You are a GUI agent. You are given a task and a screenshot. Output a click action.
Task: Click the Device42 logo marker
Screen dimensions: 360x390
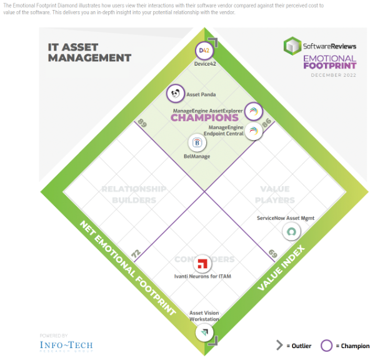tap(202, 51)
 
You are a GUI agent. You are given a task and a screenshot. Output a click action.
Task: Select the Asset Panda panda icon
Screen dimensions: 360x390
tap(176, 94)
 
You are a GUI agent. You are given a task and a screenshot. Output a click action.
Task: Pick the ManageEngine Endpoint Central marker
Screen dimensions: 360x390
tap(253, 131)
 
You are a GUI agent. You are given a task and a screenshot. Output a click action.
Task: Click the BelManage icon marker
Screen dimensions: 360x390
tap(197, 143)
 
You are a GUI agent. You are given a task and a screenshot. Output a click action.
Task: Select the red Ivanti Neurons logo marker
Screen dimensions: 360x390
tap(202, 263)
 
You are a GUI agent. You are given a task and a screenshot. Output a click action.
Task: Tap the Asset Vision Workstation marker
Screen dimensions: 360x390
tap(204, 332)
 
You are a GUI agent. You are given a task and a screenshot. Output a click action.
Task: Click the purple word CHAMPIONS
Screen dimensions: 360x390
tap(204, 117)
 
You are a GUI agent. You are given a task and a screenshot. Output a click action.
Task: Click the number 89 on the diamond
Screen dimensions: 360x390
tap(142, 124)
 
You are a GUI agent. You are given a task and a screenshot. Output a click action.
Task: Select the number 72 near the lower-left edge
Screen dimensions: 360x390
tap(136, 254)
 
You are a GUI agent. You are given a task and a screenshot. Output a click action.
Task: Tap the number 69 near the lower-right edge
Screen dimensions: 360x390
tap(273, 254)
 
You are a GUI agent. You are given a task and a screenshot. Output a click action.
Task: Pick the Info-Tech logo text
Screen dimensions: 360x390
tap(66, 345)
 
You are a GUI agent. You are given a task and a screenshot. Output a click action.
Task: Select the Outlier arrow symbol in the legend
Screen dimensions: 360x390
tap(280, 346)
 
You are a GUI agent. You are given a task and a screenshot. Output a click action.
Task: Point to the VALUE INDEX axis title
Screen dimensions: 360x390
tap(281, 269)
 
